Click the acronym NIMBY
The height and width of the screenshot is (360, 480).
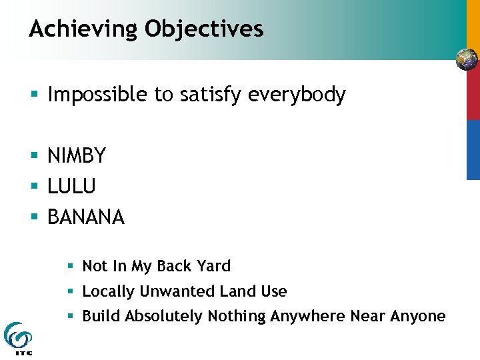point(77,156)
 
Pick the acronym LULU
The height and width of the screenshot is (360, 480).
point(71,187)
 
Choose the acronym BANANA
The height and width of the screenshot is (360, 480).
point(86,217)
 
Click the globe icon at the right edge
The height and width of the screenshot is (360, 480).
point(467,60)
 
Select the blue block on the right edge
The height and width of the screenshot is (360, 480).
point(473,149)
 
